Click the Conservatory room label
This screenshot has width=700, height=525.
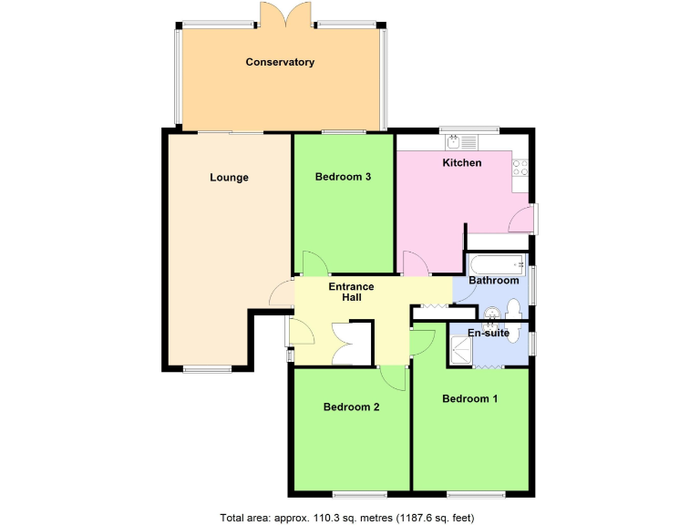point(280,62)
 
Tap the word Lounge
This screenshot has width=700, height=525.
point(229,178)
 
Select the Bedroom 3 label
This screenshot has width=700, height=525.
point(342,177)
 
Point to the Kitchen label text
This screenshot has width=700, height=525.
point(462,163)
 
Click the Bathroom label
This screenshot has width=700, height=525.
point(493,281)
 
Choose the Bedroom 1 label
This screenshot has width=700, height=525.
point(469,398)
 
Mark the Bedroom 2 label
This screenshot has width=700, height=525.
point(351,407)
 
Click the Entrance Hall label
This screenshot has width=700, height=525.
point(352,292)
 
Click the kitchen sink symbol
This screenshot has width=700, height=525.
point(461,141)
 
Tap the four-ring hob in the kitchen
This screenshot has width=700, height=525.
point(522,168)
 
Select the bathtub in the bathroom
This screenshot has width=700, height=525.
point(498,265)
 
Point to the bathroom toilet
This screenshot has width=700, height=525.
point(512,306)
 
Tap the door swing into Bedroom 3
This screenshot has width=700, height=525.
point(312,262)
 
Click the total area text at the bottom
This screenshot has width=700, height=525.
point(346,518)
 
